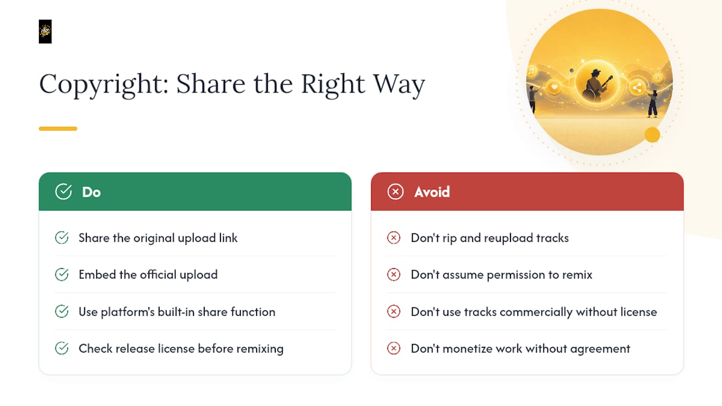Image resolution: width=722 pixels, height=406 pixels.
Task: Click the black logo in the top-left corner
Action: click(x=45, y=32)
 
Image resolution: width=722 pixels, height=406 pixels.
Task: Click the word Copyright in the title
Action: click(x=104, y=85)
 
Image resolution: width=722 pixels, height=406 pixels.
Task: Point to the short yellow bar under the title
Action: click(x=58, y=129)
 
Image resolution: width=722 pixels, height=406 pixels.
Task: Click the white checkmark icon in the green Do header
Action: click(x=64, y=192)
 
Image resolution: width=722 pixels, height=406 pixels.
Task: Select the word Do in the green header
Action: click(x=91, y=192)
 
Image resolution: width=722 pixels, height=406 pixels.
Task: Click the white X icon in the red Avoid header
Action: click(x=395, y=192)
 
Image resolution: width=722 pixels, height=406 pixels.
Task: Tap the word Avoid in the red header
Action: click(x=432, y=192)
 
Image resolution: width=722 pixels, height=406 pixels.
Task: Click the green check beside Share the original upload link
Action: click(x=61, y=238)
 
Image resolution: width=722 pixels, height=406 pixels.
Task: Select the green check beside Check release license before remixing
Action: click(x=61, y=348)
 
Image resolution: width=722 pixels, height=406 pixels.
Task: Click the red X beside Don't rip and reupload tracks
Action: click(x=394, y=238)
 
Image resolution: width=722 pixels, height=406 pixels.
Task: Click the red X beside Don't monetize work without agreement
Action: click(x=394, y=348)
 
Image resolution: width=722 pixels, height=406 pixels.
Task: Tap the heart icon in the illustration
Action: click(x=554, y=87)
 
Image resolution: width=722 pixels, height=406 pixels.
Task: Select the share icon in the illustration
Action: click(x=637, y=87)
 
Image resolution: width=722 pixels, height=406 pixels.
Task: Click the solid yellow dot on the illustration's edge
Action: click(x=653, y=135)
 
